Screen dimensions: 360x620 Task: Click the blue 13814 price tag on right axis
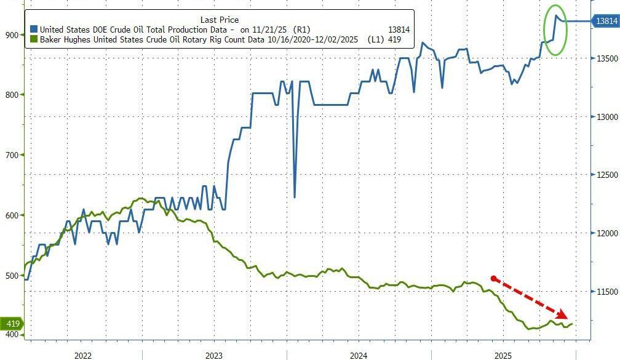tap(606, 22)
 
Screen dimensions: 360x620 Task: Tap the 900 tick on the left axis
tap(12, 35)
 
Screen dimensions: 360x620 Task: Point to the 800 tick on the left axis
tap(12, 95)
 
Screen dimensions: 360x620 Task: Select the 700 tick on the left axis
tap(12, 155)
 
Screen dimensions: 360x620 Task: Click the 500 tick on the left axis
tap(12, 276)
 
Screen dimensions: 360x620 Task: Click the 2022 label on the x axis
tap(83, 355)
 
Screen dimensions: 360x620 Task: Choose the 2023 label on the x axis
tap(214, 355)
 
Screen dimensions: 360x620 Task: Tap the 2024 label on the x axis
tap(359, 355)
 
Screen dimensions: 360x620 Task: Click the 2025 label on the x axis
tap(503, 355)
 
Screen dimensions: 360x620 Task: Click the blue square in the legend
tap(34, 30)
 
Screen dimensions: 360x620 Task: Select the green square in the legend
tap(34, 39)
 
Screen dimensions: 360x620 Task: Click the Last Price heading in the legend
tap(220, 20)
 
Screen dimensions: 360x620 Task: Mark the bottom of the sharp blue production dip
tap(295, 197)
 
